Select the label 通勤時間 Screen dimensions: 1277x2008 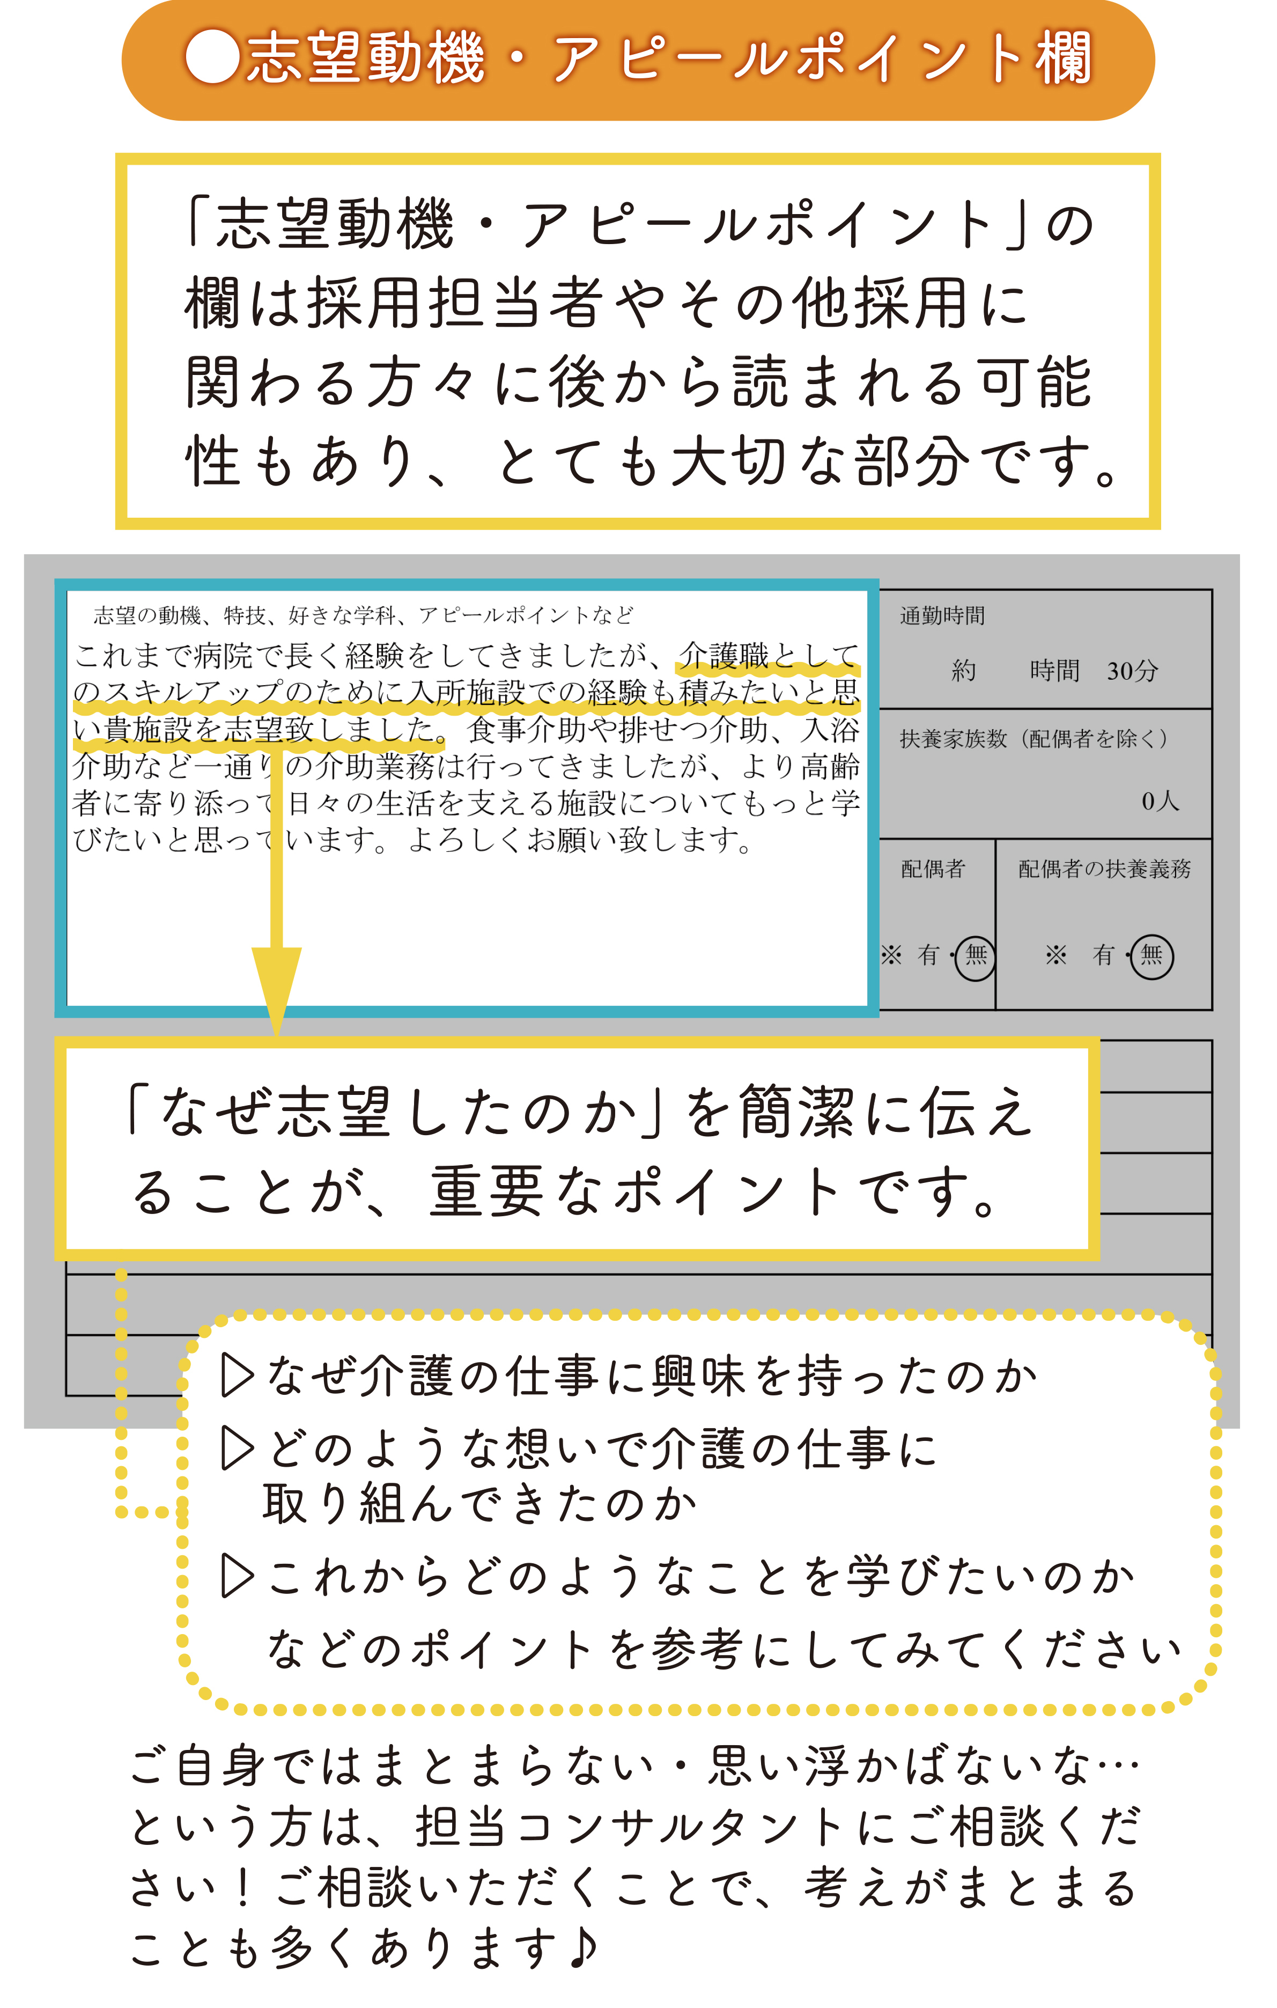pos(942,615)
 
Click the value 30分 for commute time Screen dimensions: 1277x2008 pos(1132,671)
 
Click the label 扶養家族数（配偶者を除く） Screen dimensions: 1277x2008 pos(1035,738)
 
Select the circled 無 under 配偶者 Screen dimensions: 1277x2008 pos(975,955)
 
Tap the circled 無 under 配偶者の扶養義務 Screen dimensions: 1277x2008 pos(1152,955)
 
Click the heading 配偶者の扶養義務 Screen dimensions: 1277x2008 pos(1104,869)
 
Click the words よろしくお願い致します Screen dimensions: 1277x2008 pos(580,839)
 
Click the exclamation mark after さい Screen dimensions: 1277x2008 pos(242,1888)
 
